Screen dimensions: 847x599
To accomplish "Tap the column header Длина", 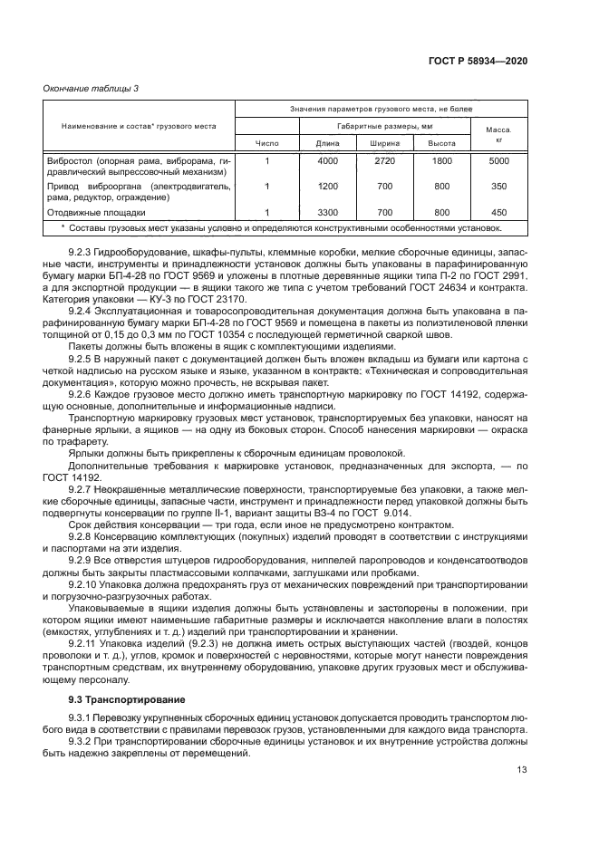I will (x=327, y=143).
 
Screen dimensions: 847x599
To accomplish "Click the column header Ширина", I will (x=384, y=143).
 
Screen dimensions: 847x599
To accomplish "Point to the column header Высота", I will (x=441, y=143).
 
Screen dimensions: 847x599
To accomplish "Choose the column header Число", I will (x=266, y=143).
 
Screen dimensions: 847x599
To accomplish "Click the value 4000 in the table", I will (x=327, y=161).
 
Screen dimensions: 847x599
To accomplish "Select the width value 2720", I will (x=384, y=161).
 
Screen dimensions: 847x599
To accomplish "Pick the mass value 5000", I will (x=498, y=161).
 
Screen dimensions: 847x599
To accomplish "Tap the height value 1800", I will (x=441, y=161).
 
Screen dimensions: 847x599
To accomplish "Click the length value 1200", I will (x=327, y=187).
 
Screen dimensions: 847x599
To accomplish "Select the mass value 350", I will (x=498, y=187).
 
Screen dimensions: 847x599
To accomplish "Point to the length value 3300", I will (x=327, y=212).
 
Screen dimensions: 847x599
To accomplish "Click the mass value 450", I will (x=498, y=212).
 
